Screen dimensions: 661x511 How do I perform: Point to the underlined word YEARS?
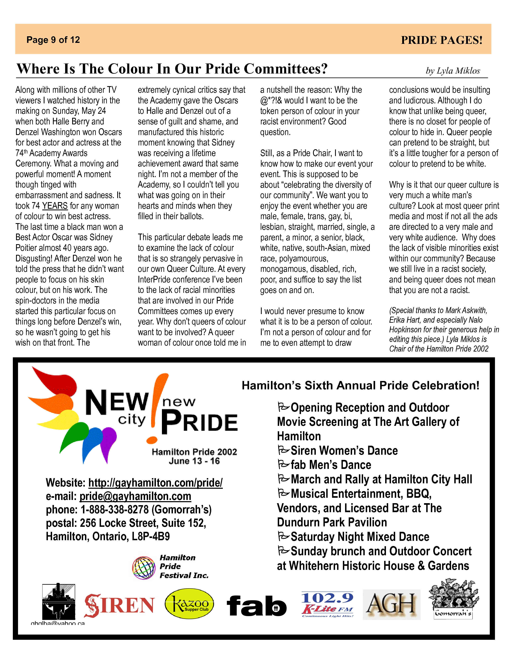point(55,206)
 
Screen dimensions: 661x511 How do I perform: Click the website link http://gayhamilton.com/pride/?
point(155,483)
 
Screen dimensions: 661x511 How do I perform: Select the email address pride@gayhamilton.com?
point(135,496)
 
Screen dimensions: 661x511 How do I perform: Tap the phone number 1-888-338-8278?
point(115,510)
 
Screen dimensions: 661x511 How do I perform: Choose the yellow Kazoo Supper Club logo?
point(189,604)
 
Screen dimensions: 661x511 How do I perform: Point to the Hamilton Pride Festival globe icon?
point(144,568)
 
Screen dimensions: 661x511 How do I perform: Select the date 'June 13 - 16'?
point(194,461)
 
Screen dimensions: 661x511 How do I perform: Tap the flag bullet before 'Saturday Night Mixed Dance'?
point(283,536)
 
